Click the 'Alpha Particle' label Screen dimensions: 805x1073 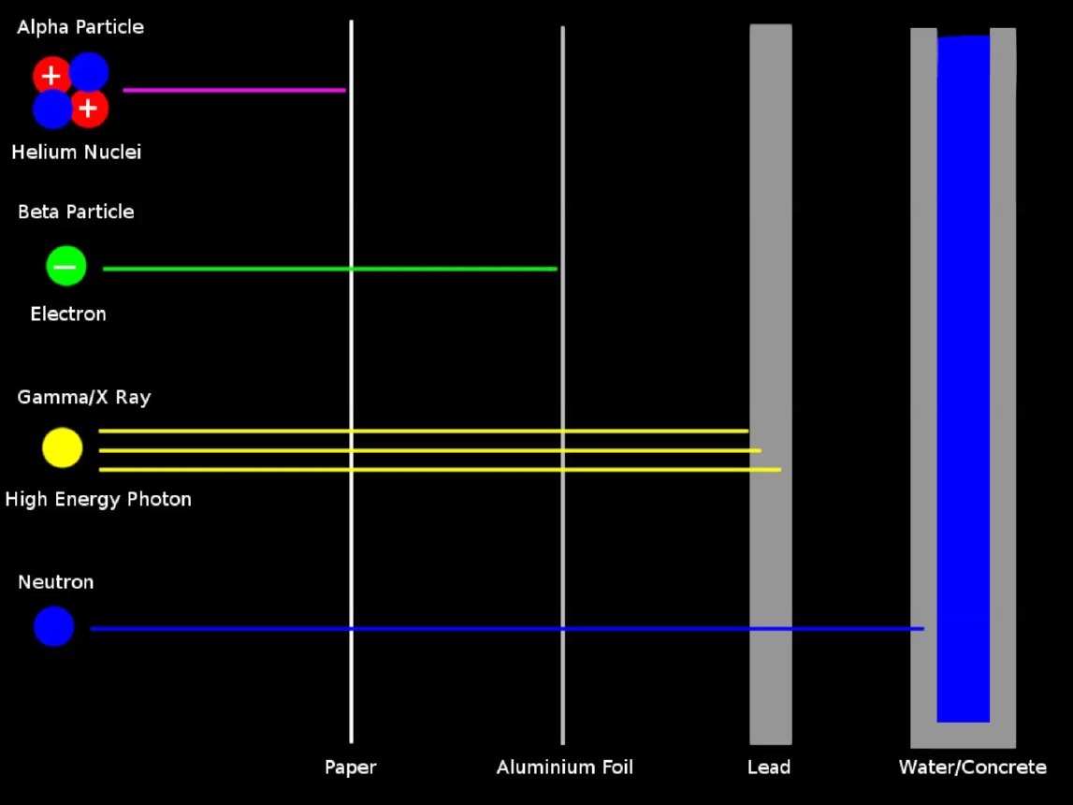(x=80, y=27)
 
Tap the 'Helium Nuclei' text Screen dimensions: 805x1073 (x=77, y=152)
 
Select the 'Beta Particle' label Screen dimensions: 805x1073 (x=76, y=212)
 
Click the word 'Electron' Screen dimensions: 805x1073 (x=68, y=314)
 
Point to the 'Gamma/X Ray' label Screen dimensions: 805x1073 (x=84, y=397)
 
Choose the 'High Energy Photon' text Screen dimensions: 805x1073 (x=98, y=499)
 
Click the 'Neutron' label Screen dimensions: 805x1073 (x=56, y=582)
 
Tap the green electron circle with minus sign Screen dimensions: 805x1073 (x=66, y=266)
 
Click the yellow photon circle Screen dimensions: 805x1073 (x=63, y=447)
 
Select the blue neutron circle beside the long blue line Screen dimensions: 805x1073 (x=54, y=626)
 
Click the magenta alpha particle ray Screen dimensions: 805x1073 (x=234, y=90)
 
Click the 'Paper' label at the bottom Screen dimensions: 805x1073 (x=351, y=768)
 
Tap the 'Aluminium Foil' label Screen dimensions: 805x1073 (x=565, y=768)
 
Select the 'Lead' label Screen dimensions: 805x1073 (x=769, y=768)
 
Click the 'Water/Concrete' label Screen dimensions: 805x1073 (x=973, y=768)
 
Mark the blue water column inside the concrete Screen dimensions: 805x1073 (x=964, y=374)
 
